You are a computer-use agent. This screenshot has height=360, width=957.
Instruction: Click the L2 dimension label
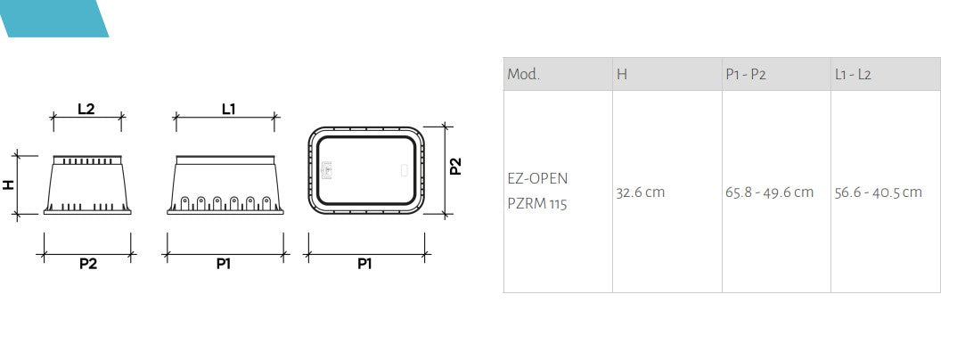(x=86, y=109)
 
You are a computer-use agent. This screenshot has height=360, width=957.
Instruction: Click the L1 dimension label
(x=228, y=109)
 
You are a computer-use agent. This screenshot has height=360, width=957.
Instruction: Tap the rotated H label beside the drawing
(x=9, y=184)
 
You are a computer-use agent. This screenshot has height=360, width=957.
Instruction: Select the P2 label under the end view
(x=87, y=264)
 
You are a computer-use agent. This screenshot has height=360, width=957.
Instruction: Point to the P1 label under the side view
(x=223, y=264)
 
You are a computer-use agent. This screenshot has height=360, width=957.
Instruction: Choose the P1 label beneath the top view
(x=364, y=264)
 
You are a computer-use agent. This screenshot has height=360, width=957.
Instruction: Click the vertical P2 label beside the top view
(x=456, y=167)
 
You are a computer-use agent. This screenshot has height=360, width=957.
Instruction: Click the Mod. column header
(x=524, y=75)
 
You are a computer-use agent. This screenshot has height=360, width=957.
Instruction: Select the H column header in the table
(x=622, y=75)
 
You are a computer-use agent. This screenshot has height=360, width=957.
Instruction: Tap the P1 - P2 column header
(x=746, y=75)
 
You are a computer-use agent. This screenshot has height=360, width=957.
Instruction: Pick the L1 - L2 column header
(x=853, y=75)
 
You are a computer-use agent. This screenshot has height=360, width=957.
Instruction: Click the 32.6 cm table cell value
(x=640, y=192)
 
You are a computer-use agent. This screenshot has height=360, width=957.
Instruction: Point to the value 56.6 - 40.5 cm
(x=879, y=192)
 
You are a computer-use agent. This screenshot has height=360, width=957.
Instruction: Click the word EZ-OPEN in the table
(x=537, y=178)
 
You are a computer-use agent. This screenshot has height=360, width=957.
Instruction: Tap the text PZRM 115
(x=537, y=204)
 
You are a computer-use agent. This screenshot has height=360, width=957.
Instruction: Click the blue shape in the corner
(x=53, y=18)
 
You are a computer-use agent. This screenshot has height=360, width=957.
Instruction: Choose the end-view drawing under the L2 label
(x=86, y=184)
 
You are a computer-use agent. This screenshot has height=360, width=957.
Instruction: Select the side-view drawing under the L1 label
(x=224, y=184)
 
